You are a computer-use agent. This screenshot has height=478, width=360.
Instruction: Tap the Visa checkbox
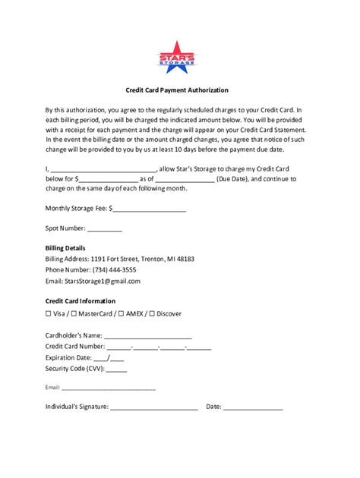(49, 313)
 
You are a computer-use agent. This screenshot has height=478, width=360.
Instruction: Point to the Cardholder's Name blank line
(148, 335)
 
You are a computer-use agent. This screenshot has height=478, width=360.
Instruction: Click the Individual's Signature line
(154, 407)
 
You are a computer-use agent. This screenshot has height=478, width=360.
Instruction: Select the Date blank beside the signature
(253, 407)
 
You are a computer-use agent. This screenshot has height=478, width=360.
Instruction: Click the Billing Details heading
(65, 248)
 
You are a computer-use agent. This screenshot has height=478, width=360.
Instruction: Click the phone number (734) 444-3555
(109, 270)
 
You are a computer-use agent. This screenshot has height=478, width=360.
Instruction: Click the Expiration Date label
(68, 358)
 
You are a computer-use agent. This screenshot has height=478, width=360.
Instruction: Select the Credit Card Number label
(74, 347)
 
